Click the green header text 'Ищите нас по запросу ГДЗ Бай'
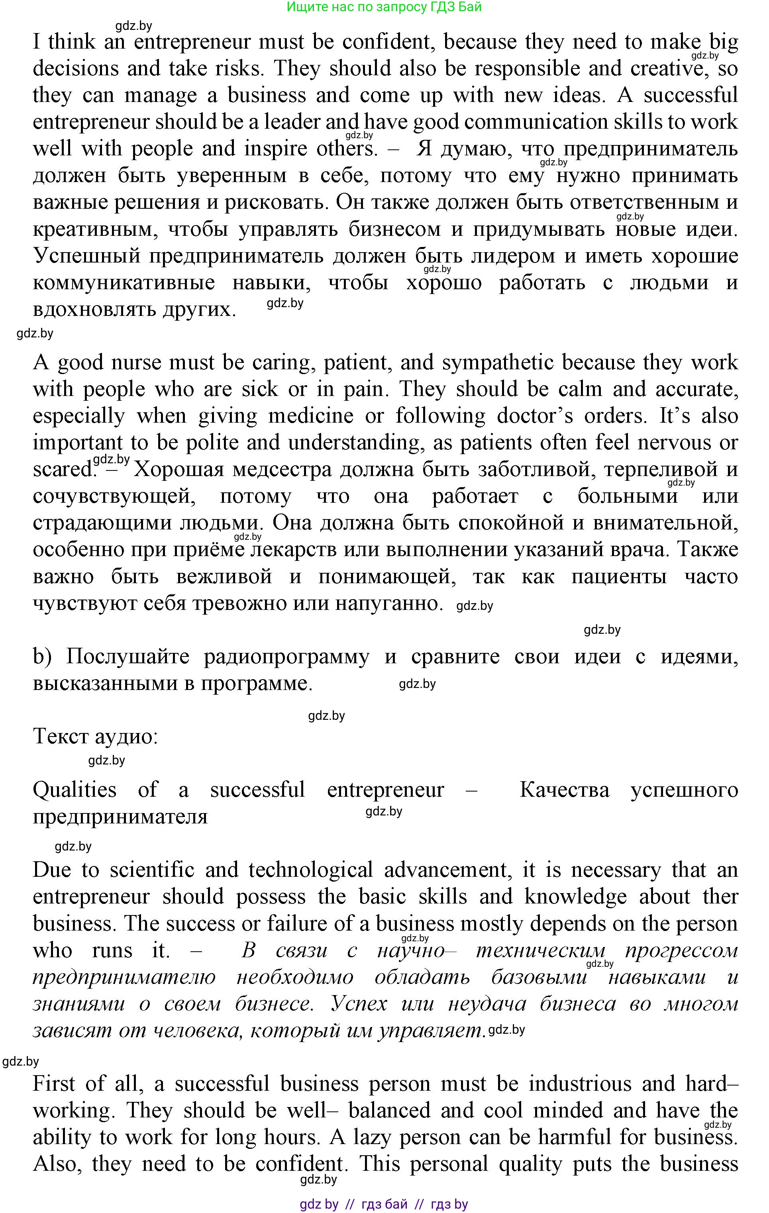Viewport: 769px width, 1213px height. tap(384, 7)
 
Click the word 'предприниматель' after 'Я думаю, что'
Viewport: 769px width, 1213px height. tap(651, 149)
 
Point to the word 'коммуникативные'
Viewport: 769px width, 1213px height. tap(124, 283)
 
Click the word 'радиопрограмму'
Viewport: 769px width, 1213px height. tap(286, 657)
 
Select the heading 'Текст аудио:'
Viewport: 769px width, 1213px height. tap(95, 737)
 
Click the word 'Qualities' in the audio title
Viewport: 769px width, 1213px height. tap(74, 790)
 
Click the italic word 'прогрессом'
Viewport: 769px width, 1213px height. tap(681, 951)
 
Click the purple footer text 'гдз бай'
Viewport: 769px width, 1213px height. tap(384, 1204)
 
